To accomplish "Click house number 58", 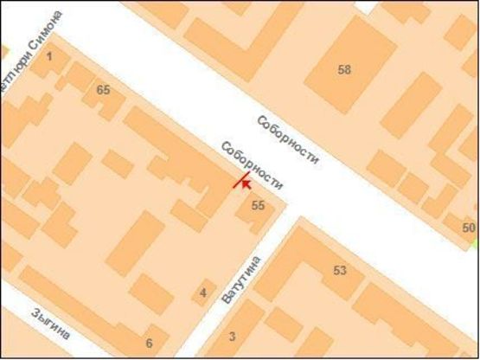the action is coord(344,70).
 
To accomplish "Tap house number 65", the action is coord(104,90).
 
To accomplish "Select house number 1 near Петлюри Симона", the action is coord(48,57).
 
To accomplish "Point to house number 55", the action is coord(258,205).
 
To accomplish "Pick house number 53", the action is coord(340,271).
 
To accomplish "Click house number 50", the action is coord(469,228).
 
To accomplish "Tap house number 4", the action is coord(203,292).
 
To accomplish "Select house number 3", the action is coord(232,336).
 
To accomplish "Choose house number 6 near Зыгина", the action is coord(149,343).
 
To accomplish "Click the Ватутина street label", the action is coord(241,279).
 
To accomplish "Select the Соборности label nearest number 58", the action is coord(289,140).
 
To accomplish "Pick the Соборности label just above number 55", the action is coord(253,165).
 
